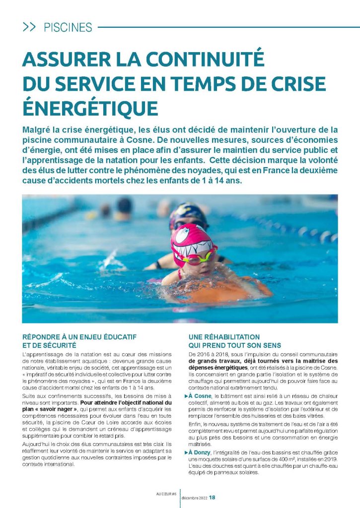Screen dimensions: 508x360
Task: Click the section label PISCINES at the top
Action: point(68,27)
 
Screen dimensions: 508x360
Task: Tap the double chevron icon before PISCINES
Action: point(29,27)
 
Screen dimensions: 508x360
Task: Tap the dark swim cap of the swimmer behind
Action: point(188,213)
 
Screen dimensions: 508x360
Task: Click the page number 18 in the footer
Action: point(212,498)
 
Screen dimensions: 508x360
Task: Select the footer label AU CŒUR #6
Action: point(165,494)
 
